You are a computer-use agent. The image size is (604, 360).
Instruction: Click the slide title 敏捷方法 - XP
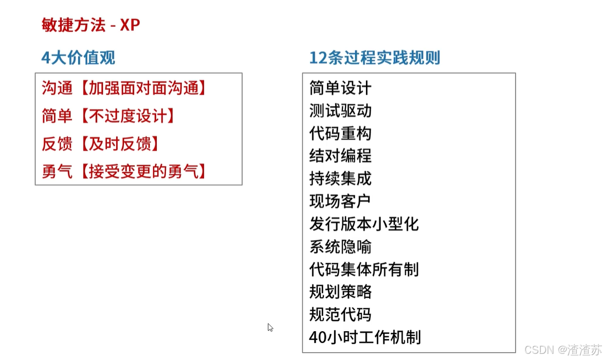[x=90, y=25]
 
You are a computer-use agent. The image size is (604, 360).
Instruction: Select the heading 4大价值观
[x=78, y=58]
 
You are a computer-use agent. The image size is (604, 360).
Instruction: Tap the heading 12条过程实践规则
[x=374, y=58]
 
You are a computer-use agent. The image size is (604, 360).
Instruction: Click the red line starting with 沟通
[x=124, y=88]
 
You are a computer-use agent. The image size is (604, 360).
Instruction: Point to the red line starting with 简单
[x=108, y=116]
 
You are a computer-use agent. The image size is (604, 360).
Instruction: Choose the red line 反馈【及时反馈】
[x=101, y=144]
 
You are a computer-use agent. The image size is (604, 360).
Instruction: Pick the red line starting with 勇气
[x=124, y=172]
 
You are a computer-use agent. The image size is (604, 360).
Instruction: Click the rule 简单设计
[x=340, y=88]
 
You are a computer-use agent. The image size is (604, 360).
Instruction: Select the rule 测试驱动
[x=340, y=111]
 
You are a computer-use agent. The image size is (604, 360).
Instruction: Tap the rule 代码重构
[x=340, y=133]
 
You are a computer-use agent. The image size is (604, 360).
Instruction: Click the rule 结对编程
[x=340, y=156]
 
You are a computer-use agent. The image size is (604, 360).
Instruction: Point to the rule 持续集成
[x=340, y=178]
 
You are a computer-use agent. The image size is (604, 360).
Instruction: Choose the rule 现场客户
[x=340, y=201]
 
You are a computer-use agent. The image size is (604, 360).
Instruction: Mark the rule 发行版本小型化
[x=364, y=224]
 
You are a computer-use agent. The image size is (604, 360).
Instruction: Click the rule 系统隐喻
[x=340, y=247]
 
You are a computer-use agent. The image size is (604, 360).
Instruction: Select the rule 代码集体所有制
[x=364, y=269]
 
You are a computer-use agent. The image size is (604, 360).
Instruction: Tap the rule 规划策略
[x=340, y=292]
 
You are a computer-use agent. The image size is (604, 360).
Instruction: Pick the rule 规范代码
[x=340, y=314]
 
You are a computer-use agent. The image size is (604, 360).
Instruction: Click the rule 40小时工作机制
[x=365, y=337]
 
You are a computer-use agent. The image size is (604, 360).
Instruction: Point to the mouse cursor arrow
[x=270, y=328]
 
